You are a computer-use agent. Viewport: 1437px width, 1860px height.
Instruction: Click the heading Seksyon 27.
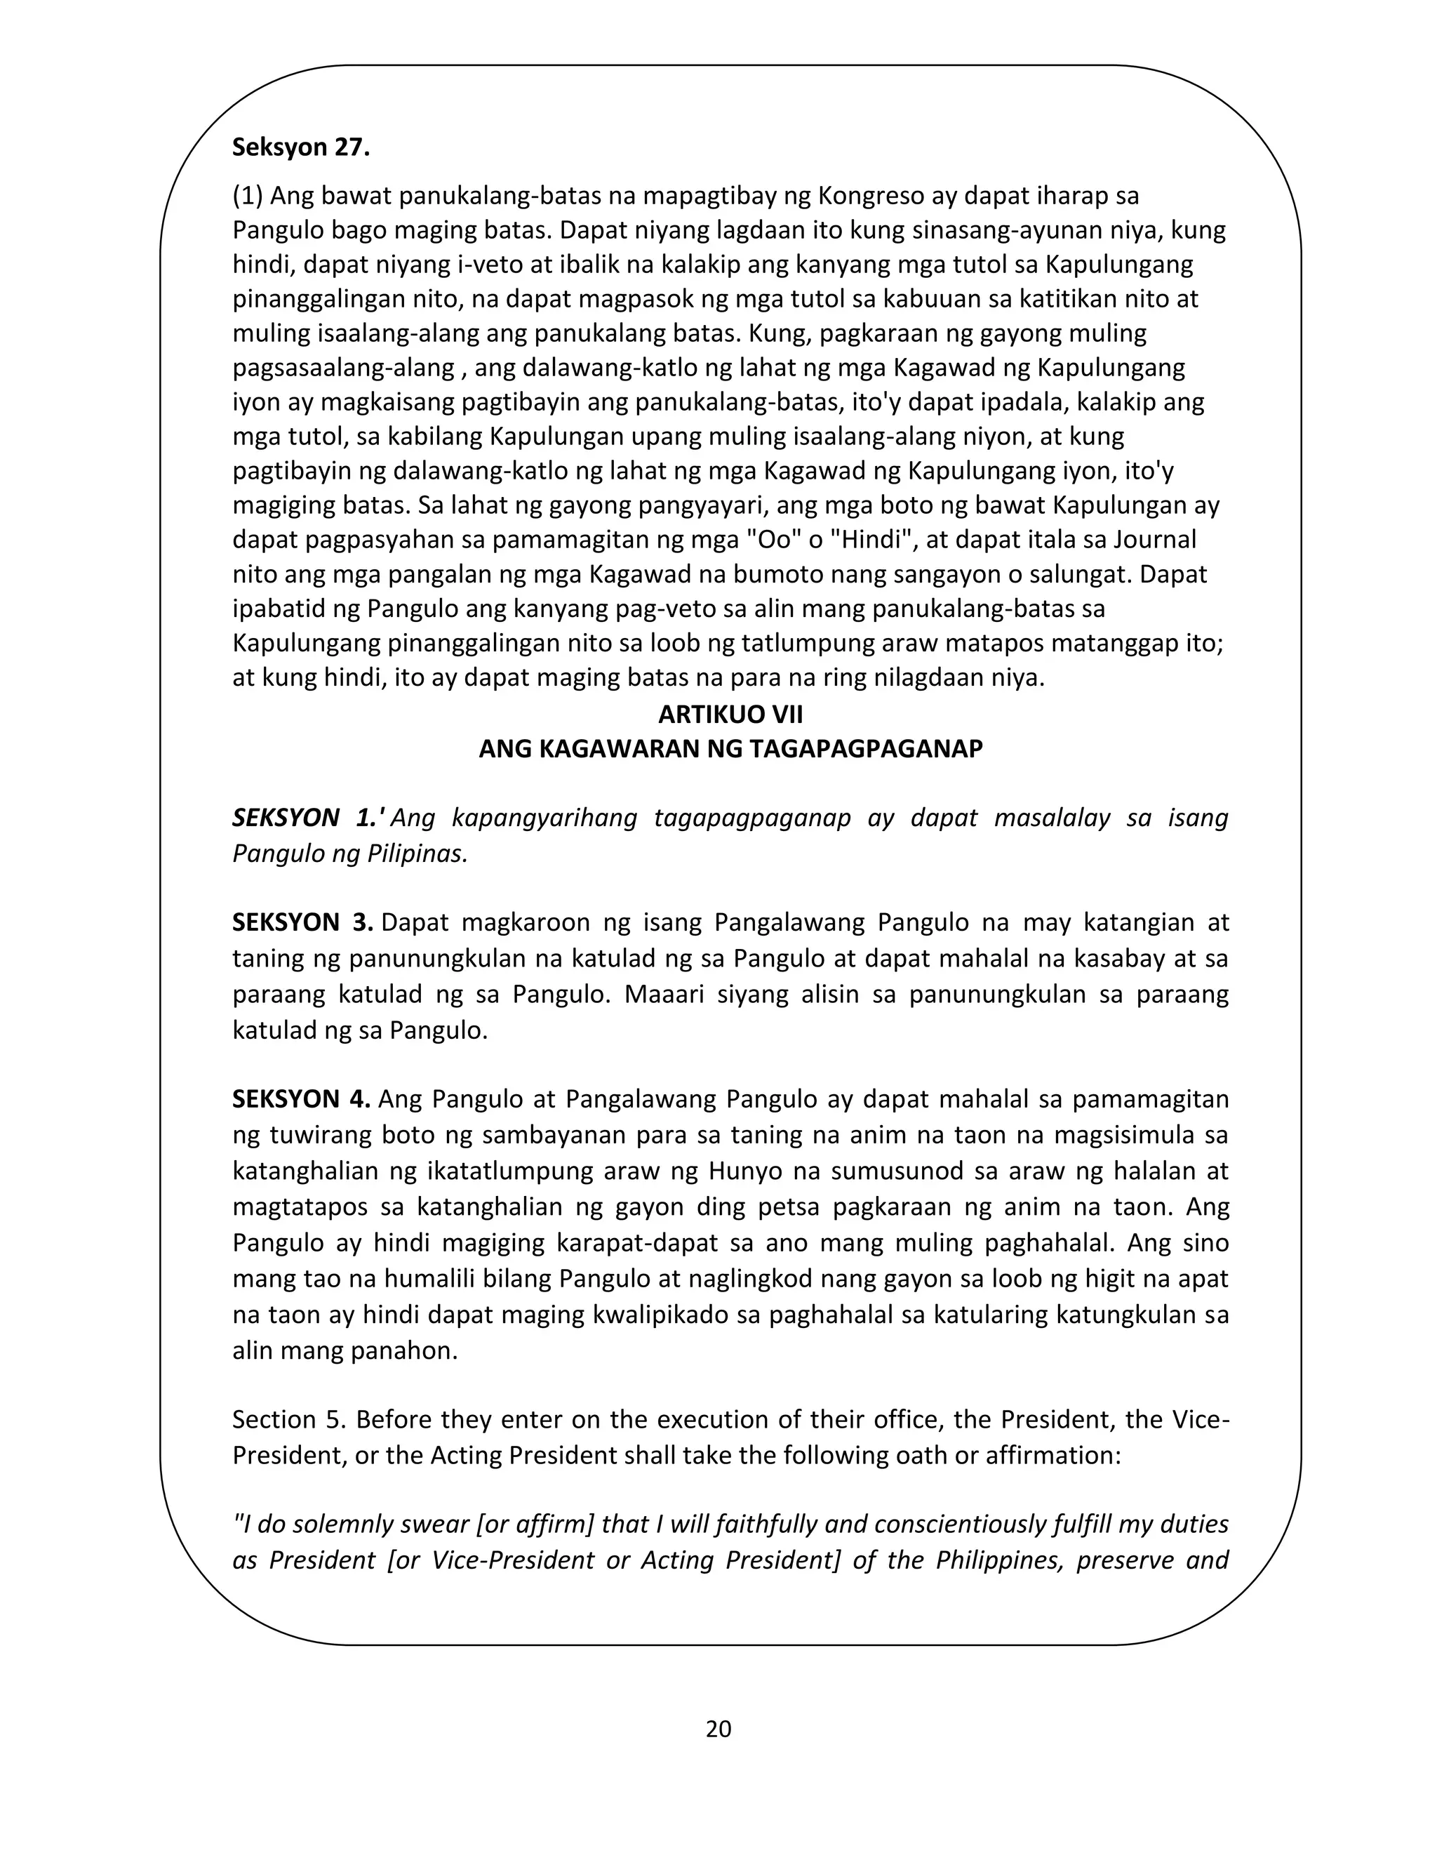300,147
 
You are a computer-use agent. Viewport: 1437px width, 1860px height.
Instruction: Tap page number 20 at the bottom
718,1729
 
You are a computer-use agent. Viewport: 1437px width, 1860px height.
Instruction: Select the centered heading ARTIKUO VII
730,714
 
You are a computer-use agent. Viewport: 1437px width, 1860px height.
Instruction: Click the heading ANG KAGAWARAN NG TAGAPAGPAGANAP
730,749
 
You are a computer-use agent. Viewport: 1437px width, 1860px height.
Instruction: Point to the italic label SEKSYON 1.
307,818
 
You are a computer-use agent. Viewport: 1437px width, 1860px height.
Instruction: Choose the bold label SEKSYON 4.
300,1099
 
